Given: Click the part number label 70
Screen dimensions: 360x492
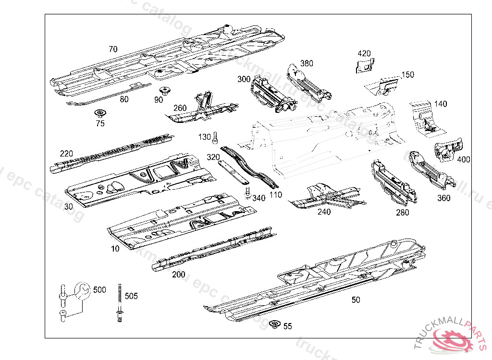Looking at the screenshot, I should pyautogui.click(x=113, y=49).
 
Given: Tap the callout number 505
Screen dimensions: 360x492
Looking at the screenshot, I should pyautogui.click(x=131, y=296).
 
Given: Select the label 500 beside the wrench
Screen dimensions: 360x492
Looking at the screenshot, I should pyautogui.click(x=99, y=289).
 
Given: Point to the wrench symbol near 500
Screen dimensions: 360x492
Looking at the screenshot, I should pyautogui.click(x=82, y=290).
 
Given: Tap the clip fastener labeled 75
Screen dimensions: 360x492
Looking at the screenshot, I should pyautogui.click(x=100, y=114).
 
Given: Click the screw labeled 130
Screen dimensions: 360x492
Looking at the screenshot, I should pyautogui.click(x=215, y=138).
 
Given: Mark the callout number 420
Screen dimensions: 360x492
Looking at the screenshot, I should pyautogui.click(x=364, y=53).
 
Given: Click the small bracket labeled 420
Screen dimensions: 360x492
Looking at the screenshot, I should pyautogui.click(x=365, y=65).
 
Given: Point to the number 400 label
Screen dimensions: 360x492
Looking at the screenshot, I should pyautogui.click(x=463, y=159).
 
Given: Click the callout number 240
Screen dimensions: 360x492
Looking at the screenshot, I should pyautogui.click(x=324, y=212).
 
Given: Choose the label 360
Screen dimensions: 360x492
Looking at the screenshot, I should pyautogui.click(x=443, y=198).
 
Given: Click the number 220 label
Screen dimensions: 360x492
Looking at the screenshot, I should pyautogui.click(x=66, y=154).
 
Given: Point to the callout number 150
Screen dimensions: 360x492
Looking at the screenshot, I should pyautogui.click(x=407, y=74).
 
